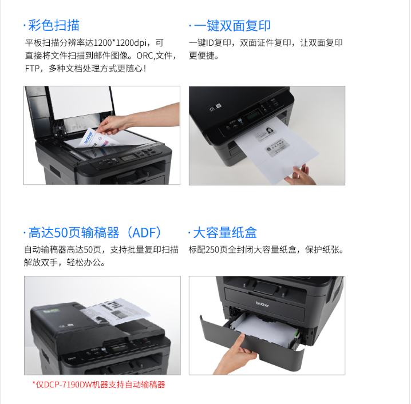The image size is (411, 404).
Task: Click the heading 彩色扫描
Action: [54, 25]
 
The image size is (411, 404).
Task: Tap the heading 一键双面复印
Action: [232, 26]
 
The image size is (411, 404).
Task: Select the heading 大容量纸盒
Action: [225, 233]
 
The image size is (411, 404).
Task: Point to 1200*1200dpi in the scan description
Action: [120, 43]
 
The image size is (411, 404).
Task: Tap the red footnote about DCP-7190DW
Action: [99, 385]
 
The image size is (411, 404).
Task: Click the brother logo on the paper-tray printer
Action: [262, 304]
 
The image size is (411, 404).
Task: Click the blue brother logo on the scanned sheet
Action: [88, 137]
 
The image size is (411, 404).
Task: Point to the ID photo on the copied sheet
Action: [270, 130]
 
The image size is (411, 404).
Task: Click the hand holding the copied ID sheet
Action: [301, 175]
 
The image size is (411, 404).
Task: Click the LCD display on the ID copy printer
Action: [253, 114]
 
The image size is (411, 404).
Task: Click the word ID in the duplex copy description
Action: [210, 43]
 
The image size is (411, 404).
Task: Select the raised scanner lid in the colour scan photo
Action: [71, 109]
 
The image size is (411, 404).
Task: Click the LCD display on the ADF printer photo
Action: [118, 348]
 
